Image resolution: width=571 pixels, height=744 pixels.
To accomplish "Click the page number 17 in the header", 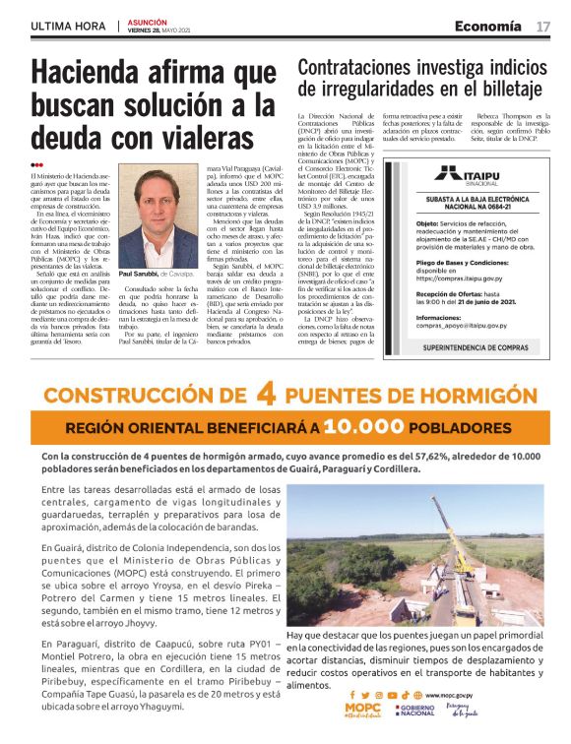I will click(x=543, y=27).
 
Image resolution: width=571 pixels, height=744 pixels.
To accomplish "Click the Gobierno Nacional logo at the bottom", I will click(x=416, y=711).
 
